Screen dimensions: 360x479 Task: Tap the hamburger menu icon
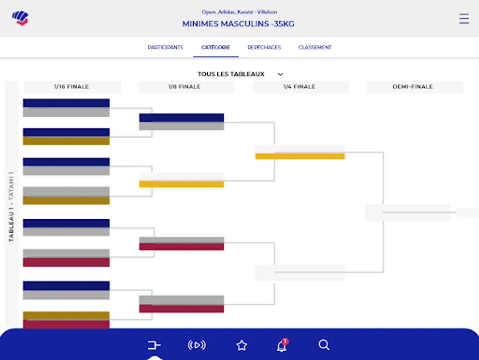click(464, 19)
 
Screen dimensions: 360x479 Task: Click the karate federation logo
click(20, 18)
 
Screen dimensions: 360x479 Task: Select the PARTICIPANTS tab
click(165, 47)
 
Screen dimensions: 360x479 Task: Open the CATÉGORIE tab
click(216, 47)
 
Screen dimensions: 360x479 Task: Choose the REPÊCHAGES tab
click(264, 47)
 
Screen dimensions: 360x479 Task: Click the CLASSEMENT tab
click(315, 47)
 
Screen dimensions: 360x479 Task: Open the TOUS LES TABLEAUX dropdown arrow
click(280, 74)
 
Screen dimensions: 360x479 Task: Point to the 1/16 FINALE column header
click(72, 87)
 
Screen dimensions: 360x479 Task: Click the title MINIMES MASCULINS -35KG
click(238, 24)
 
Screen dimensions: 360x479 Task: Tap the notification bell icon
click(282, 345)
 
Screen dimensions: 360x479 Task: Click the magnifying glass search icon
click(324, 345)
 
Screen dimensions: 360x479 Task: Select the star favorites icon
click(242, 345)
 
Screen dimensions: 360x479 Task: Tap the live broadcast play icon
click(197, 345)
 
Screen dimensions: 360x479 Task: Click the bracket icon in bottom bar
click(154, 345)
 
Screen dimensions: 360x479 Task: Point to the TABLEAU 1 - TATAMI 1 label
click(12, 206)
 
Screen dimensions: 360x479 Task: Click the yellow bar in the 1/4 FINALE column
click(300, 156)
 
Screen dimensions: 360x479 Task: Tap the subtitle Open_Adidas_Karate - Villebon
click(239, 12)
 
